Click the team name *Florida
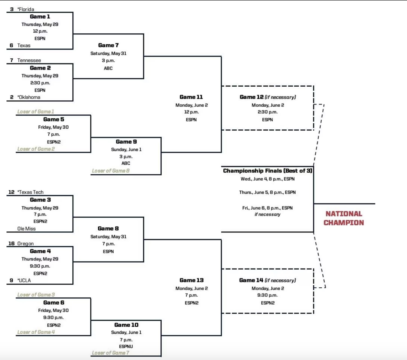[26, 9]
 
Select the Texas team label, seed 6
[24, 45]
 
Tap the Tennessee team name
[29, 60]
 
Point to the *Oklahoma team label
[29, 97]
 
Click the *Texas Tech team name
[30, 192]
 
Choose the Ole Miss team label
[26, 229]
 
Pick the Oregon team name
[26, 243]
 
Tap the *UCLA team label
[24, 280]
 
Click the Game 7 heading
[108, 45]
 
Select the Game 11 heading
[191, 97]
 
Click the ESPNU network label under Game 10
[126, 346]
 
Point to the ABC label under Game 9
[126, 163]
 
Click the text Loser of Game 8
[111, 171]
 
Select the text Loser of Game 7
[110, 353]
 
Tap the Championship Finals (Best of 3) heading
[267, 171]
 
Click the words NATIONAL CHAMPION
[344, 218]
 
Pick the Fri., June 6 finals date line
[267, 208]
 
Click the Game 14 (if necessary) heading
[267, 280]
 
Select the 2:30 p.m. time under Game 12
[267, 112]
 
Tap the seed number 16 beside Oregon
[11, 243]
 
